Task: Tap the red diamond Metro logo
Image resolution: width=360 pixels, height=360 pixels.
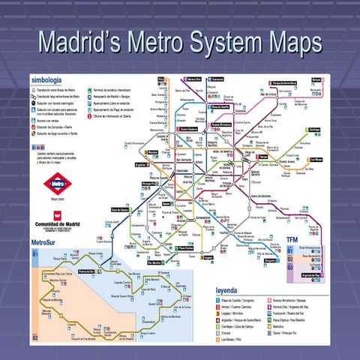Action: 57,181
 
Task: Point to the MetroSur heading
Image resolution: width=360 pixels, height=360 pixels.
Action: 46,243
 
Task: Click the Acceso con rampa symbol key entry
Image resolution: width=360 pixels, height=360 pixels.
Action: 46,119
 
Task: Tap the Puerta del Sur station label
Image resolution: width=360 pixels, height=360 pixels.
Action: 87,271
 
